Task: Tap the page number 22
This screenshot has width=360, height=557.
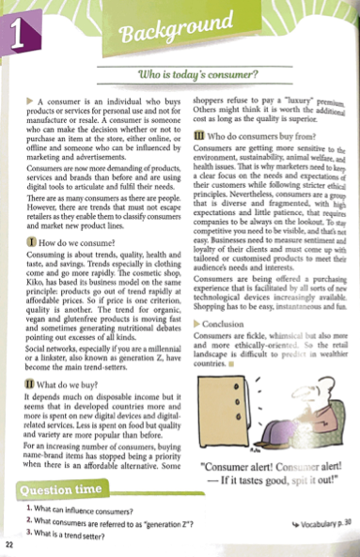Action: pos(9,545)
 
